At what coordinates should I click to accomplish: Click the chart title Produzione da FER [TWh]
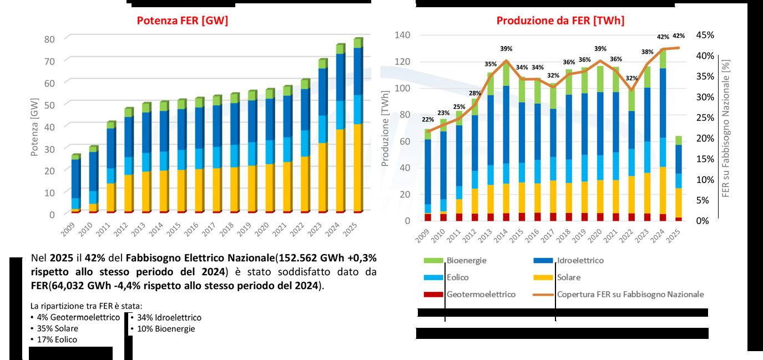tap(560, 21)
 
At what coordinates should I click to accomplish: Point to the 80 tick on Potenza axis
tap(49, 39)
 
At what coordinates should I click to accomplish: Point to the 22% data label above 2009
tap(428, 120)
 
